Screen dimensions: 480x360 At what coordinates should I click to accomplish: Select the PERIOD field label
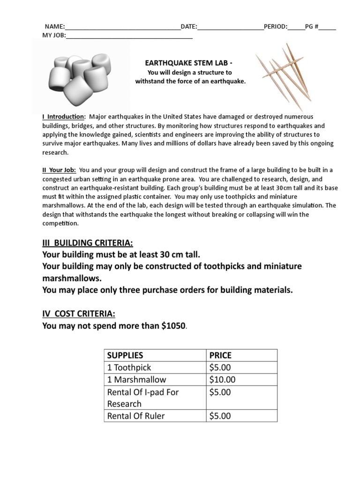click(275, 27)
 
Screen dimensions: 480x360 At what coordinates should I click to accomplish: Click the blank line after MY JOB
click(129, 35)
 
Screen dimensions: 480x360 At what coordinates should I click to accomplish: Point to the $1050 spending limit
click(173, 325)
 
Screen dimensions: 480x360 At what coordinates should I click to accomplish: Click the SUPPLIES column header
click(125, 355)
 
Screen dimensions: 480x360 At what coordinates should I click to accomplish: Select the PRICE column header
click(220, 355)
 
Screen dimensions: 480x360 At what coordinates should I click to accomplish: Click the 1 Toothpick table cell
click(129, 367)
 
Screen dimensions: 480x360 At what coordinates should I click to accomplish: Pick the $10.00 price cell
click(223, 380)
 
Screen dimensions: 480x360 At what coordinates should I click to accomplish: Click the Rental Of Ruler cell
click(136, 416)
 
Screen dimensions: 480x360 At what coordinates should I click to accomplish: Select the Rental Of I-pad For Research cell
click(143, 397)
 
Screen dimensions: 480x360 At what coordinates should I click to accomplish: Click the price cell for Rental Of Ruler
click(220, 416)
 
